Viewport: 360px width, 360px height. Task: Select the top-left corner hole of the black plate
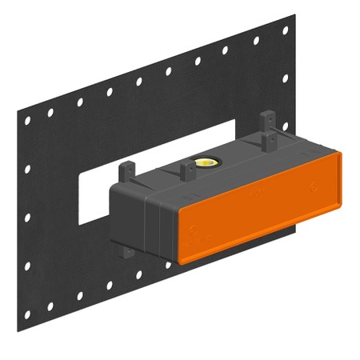[28, 120]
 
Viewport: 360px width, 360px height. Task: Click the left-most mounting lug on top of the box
[126, 172]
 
